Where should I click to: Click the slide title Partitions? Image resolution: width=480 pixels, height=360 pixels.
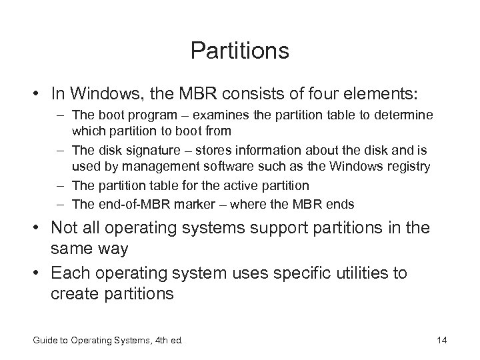239,51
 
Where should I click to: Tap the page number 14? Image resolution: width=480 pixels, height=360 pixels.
441,341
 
